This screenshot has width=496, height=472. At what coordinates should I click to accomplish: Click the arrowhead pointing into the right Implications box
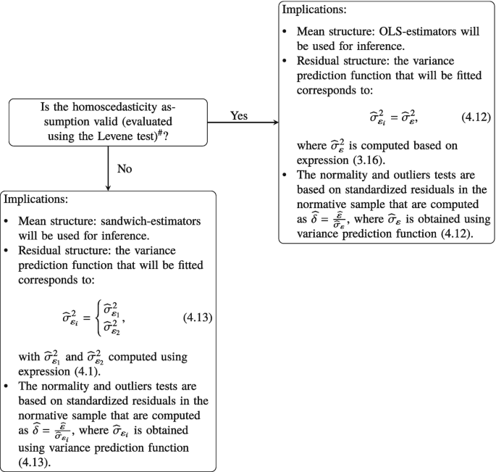[x=274, y=122]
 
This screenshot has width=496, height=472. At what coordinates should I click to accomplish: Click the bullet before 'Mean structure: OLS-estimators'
[x=290, y=34]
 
